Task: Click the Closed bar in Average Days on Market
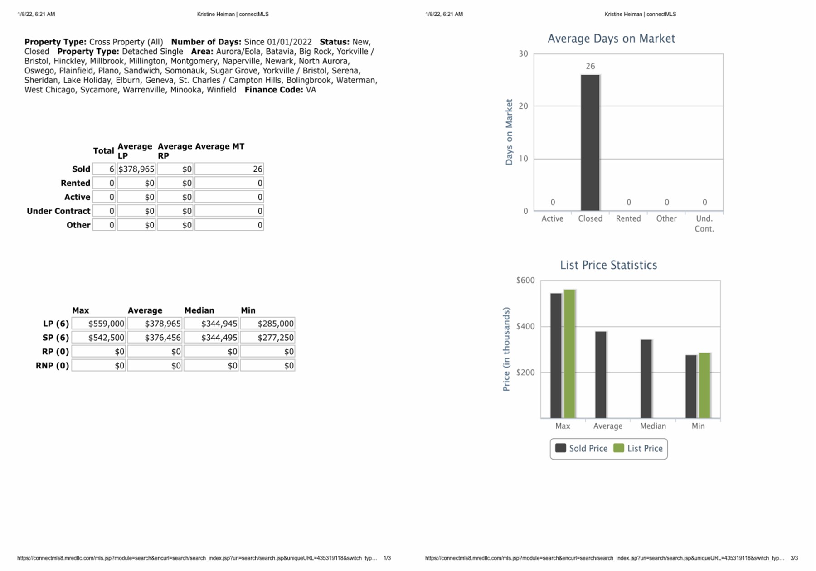(x=590, y=142)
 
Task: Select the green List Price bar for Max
(x=569, y=353)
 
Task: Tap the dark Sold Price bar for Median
(x=646, y=378)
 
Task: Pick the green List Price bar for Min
(x=704, y=385)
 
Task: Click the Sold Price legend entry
(x=582, y=449)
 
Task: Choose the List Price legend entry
(x=638, y=449)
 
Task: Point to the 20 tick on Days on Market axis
(x=524, y=106)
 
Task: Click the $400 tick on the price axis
(x=525, y=326)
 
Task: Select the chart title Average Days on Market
(x=611, y=39)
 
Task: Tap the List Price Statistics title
(x=608, y=265)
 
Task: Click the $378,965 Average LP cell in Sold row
(x=136, y=169)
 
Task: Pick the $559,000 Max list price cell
(x=99, y=324)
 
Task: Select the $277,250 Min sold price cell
(x=268, y=338)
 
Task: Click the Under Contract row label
(x=58, y=211)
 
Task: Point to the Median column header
(x=199, y=310)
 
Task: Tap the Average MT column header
(x=219, y=146)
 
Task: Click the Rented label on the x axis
(x=628, y=218)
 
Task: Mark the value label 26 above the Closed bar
(x=590, y=66)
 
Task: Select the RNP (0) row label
(x=52, y=366)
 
